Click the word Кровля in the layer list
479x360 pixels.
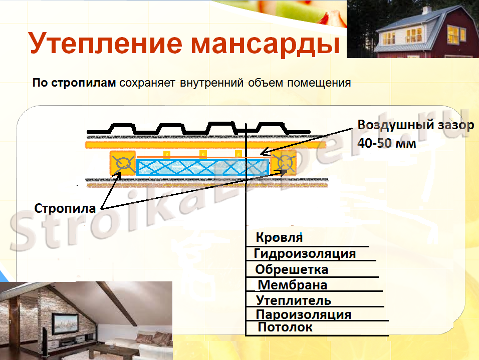pos(279,237)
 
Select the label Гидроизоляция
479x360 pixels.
pos(305,253)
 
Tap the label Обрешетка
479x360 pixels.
pos(292,270)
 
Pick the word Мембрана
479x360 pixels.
pos(292,285)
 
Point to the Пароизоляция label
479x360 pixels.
pos(303,315)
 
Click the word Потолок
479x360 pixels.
pos(285,327)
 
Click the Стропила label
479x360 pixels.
pos(65,208)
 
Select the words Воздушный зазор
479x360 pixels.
pos(415,125)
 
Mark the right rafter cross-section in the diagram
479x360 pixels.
pos(284,163)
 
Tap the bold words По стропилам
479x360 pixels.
pos(74,83)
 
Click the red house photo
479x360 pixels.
pos(412,29)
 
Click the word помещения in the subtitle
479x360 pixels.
pos(318,83)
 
